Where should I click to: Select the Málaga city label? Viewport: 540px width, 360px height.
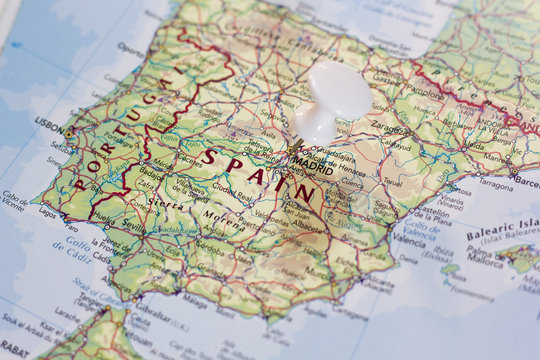pos(195,298)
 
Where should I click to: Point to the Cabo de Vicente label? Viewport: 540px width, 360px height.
pos(15,200)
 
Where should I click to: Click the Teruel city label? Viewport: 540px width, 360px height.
pos(391,183)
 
